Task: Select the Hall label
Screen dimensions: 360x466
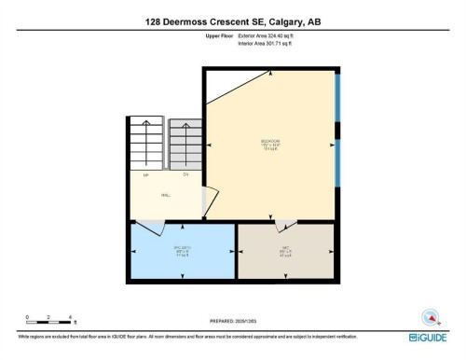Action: pyautogui.click(x=165, y=195)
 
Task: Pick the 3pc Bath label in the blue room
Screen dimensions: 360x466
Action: pyautogui.click(x=183, y=247)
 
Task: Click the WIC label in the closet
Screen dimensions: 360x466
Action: pyautogui.click(x=285, y=247)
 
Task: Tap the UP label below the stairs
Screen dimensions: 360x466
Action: pyautogui.click(x=146, y=175)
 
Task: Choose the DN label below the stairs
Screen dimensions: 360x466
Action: pyautogui.click(x=185, y=175)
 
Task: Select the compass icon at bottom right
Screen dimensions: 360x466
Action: pyautogui.click(x=431, y=317)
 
